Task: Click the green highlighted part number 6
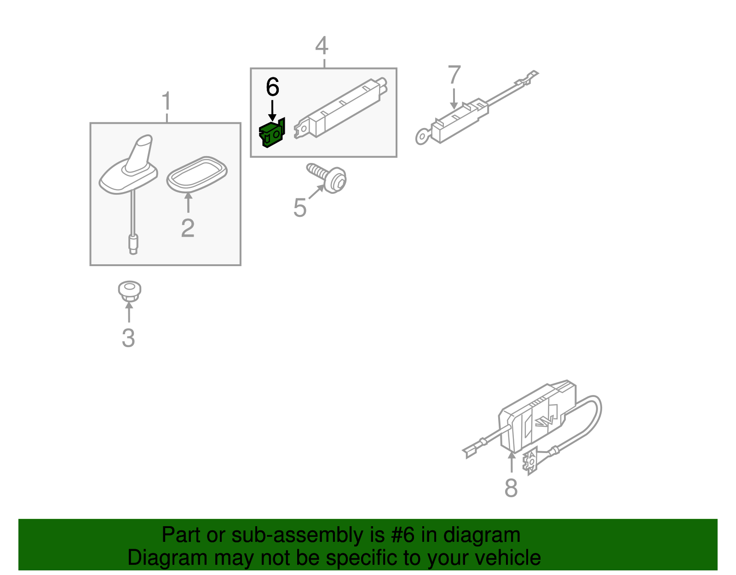pos(272,134)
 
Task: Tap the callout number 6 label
pos(273,87)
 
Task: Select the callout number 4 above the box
pos(322,46)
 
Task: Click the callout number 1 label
pos(167,101)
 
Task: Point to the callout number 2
pos(188,228)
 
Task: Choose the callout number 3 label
pos(128,338)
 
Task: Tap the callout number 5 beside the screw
pos(300,207)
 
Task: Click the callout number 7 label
pos(454,75)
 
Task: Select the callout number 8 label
pos(511,488)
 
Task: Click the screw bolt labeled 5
pos(327,178)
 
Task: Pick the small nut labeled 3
pos(129,290)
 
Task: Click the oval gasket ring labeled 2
pos(197,174)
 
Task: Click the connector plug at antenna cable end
pos(133,244)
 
